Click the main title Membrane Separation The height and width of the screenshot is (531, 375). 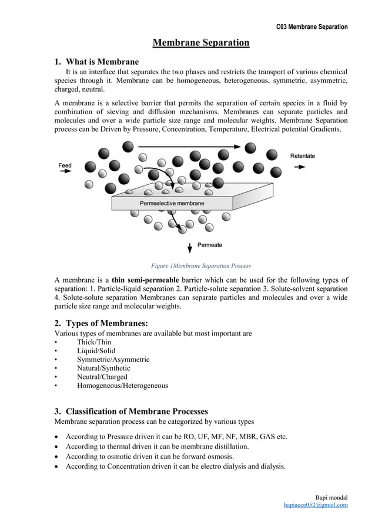pos(201,43)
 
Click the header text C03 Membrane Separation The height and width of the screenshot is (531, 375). pos(312,27)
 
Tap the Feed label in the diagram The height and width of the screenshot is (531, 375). pos(65,165)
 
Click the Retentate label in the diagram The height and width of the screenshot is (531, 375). pos(303,155)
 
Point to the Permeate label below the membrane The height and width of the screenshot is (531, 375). pos(209,245)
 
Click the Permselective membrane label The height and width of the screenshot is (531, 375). pos(172,203)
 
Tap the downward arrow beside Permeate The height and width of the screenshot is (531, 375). pos(189,246)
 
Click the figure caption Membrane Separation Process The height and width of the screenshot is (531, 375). pos(201,265)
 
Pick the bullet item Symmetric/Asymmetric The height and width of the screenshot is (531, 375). pos(113,359)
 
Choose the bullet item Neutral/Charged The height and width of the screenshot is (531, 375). pos(102,377)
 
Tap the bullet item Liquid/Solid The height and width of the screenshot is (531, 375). pos(96,351)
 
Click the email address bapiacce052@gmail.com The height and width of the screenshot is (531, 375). pos(315,505)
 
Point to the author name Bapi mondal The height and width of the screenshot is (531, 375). pos(331,497)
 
